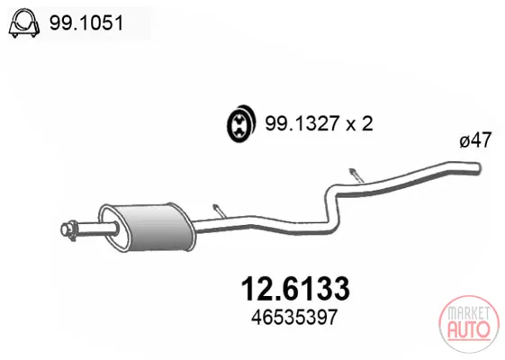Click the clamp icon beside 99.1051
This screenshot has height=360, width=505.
pos(23,23)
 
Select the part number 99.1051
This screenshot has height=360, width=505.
pos(86,23)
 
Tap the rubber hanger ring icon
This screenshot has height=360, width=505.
pos(241,123)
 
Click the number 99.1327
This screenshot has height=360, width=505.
pos(302,123)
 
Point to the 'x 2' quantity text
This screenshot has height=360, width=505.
pos(360,123)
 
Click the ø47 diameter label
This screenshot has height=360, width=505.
pos(475,140)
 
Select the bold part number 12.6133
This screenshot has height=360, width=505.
pos(295,289)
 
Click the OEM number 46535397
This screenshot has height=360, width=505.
pos(294,317)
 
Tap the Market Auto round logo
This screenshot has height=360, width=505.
pos(469,324)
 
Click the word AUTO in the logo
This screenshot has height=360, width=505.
pos(469,329)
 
